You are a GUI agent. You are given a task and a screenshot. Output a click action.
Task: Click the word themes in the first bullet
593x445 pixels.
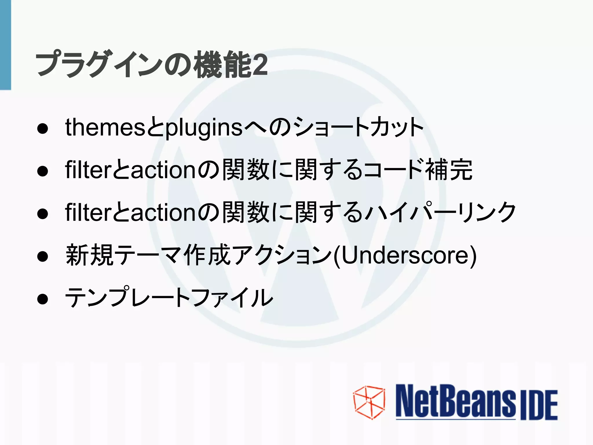[105, 127]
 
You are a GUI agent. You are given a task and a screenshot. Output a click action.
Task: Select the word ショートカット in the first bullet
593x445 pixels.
[358, 127]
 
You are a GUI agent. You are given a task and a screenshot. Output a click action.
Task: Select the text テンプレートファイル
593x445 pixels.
[169, 298]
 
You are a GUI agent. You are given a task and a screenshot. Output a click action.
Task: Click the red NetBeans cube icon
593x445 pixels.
[369, 402]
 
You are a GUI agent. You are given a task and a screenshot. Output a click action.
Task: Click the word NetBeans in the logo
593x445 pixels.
[455, 402]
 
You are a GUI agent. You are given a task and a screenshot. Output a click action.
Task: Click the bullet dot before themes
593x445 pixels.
[43, 128]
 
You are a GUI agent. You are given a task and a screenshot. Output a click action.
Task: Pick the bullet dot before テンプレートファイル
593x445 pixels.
[43, 299]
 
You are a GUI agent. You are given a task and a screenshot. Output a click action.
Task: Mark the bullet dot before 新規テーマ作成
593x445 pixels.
[43, 256]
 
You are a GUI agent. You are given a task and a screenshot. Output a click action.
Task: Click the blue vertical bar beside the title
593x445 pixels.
[5, 45]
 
